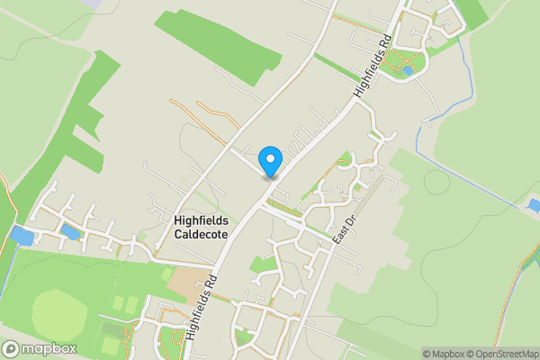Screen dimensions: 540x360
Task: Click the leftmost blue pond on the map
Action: coord(21,237)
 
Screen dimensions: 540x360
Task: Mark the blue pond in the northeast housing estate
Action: coord(408,69)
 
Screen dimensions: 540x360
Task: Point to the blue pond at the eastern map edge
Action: coord(533,206)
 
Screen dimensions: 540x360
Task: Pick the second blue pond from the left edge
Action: coord(68,233)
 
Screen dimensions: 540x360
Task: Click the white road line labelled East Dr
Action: coord(315,279)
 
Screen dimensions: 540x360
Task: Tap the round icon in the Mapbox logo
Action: coord(12,348)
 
